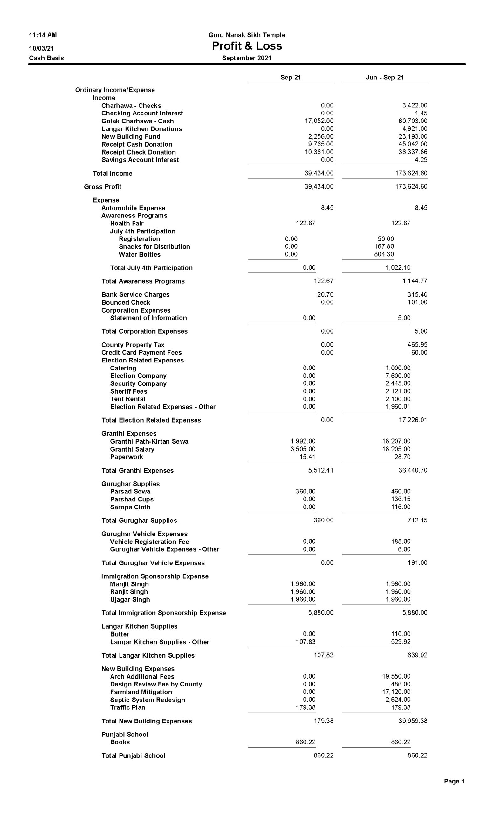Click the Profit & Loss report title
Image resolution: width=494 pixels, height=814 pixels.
(x=247, y=46)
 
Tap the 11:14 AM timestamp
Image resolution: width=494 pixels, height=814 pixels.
(x=43, y=35)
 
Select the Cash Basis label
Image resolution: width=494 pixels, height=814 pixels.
(x=46, y=58)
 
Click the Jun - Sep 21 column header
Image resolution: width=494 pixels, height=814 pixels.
(x=384, y=78)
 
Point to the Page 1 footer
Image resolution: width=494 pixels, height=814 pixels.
(x=454, y=781)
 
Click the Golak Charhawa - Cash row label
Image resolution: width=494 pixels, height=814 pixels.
(x=137, y=121)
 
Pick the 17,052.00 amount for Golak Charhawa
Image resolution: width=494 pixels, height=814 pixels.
(x=319, y=121)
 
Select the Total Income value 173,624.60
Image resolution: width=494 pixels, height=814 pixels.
(x=411, y=173)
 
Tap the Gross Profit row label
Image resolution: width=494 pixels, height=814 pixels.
(x=102, y=187)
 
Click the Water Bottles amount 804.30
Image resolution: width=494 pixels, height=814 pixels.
(x=384, y=254)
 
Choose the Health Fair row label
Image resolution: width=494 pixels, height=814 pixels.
(x=127, y=224)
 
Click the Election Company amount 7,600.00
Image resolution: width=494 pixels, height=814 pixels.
(x=398, y=376)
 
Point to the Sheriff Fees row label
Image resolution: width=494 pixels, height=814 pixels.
(x=128, y=391)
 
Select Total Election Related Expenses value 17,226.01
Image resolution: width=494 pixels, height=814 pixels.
(x=413, y=420)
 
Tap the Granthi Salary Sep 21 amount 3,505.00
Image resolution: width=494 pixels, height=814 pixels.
(x=303, y=449)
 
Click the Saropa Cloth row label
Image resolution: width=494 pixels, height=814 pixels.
(x=130, y=507)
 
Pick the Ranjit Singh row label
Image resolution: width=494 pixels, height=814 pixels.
(x=129, y=592)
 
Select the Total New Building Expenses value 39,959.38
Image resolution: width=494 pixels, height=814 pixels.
(x=413, y=721)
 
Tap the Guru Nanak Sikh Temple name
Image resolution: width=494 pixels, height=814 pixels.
(x=247, y=35)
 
